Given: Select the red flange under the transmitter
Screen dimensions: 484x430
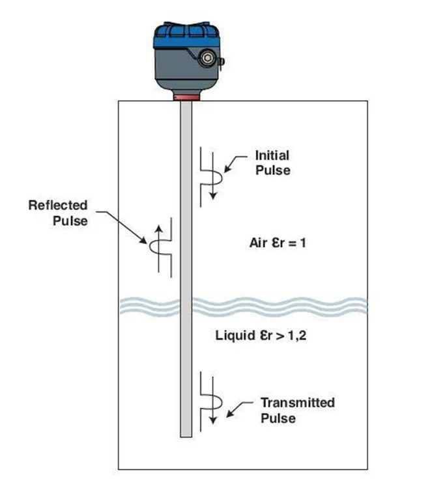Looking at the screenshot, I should click(x=186, y=97).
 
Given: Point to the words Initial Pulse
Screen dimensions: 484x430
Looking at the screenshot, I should click(x=272, y=163).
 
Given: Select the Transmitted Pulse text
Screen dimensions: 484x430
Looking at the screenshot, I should click(x=298, y=410).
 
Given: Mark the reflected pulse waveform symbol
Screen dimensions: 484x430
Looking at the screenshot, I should click(x=159, y=248).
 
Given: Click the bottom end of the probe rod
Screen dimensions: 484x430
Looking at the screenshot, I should click(x=186, y=435).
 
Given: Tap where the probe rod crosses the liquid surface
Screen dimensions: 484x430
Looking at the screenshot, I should click(x=186, y=304).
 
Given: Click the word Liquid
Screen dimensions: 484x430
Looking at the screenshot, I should click(x=231, y=336).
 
